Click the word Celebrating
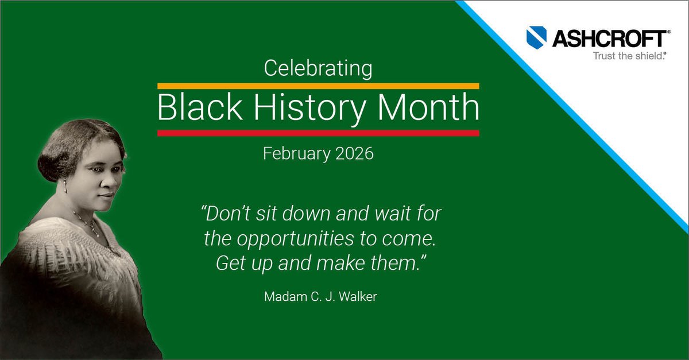coord(318,69)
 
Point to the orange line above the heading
coord(318,86)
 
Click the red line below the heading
coord(318,133)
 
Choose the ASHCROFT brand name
coord(610,39)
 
